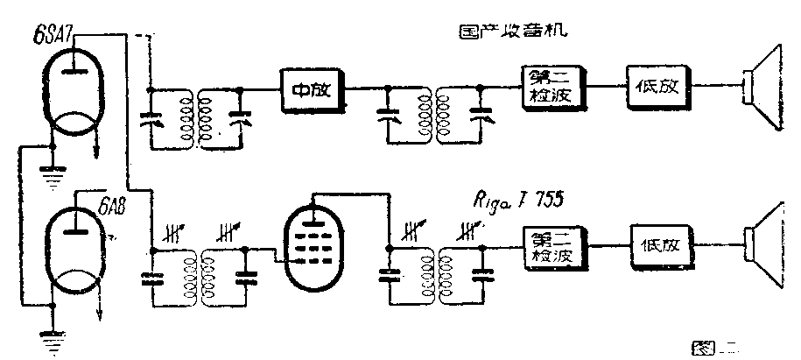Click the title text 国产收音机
[x=513, y=33]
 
